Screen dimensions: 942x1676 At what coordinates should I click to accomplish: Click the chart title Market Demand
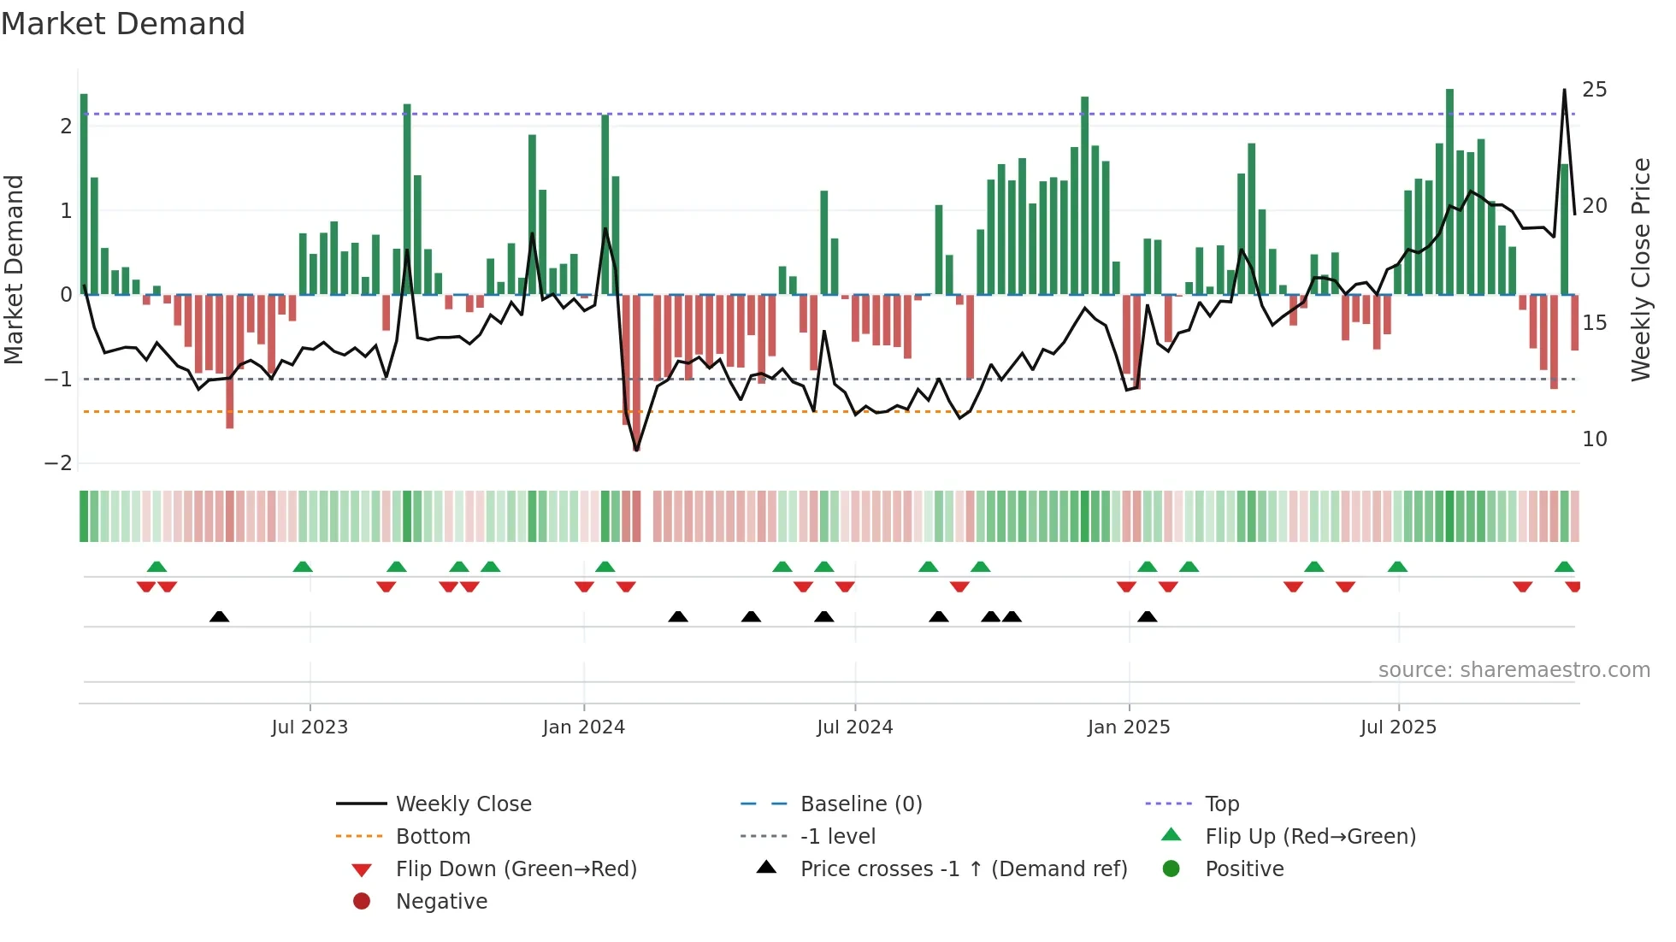pyautogui.click(x=123, y=24)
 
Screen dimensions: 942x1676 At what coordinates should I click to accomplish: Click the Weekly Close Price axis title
pyautogui.click(x=1640, y=269)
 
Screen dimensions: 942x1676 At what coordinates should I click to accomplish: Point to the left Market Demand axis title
pyautogui.click(x=14, y=269)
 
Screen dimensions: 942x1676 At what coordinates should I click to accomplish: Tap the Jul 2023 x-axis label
pyautogui.click(x=310, y=727)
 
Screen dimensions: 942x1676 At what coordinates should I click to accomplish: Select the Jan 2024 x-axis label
pyautogui.click(x=584, y=727)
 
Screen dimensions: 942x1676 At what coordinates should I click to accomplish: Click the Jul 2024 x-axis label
pyautogui.click(x=855, y=727)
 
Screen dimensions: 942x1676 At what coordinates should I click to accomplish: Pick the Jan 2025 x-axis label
pyautogui.click(x=1129, y=727)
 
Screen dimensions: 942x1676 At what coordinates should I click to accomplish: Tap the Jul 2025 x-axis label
pyautogui.click(x=1399, y=727)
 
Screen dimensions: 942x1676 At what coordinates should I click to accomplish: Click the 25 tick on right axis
pyautogui.click(x=1594, y=90)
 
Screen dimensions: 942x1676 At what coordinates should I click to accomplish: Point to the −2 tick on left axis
pyautogui.click(x=58, y=463)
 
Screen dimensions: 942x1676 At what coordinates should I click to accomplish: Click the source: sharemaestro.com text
pyautogui.click(x=1514, y=670)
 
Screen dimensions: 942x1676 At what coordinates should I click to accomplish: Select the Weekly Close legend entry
pyautogui.click(x=463, y=804)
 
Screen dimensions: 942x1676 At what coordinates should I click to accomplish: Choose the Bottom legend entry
pyautogui.click(x=433, y=837)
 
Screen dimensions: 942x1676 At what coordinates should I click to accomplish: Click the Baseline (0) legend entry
pyautogui.click(x=860, y=804)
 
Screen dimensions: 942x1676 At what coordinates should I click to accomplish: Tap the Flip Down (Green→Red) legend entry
pyautogui.click(x=516, y=869)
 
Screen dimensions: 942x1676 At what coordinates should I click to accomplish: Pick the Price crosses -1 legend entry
pyautogui.click(x=963, y=869)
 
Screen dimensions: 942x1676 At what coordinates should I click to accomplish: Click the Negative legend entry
pyautogui.click(x=441, y=902)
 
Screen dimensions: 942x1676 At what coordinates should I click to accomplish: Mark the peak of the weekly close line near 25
pyautogui.click(x=1564, y=90)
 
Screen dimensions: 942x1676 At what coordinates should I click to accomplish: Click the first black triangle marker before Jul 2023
pyautogui.click(x=220, y=616)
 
